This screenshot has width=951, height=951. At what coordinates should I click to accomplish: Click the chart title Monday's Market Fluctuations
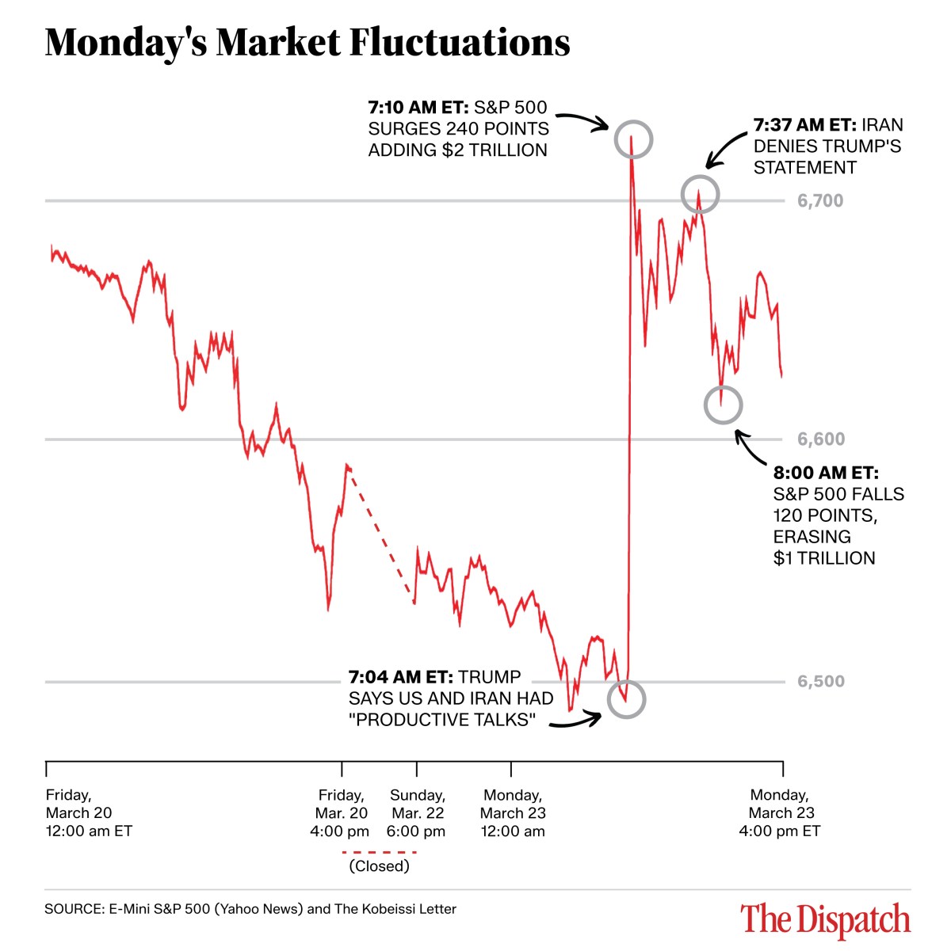click(x=307, y=43)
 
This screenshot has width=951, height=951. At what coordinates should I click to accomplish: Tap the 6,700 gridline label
click(x=820, y=201)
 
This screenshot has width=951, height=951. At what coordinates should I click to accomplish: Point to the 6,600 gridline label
click(x=820, y=439)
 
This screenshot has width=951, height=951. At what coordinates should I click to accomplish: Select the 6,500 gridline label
click(x=820, y=682)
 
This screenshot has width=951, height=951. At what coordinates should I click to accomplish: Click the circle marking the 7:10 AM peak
click(x=632, y=140)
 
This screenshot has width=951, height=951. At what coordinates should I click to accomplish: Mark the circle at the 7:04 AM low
click(x=626, y=699)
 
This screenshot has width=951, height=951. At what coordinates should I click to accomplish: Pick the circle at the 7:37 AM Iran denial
click(x=700, y=194)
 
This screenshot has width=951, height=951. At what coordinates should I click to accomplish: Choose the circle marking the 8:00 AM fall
click(x=723, y=405)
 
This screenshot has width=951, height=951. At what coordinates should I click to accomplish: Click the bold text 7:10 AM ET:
click(x=418, y=108)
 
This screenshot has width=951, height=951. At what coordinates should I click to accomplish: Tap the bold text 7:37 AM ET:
click(x=804, y=125)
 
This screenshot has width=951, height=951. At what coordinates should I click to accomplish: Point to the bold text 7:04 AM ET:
click(x=400, y=678)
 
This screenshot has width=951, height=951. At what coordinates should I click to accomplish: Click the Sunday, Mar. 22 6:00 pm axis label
click(x=417, y=813)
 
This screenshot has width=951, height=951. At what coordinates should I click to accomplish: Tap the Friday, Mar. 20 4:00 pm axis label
click(x=341, y=813)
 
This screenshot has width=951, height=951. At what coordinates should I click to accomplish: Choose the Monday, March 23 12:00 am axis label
click(x=513, y=813)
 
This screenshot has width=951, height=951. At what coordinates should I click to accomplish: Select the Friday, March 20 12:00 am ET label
click(x=88, y=813)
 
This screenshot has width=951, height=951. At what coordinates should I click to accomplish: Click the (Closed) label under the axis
click(x=379, y=866)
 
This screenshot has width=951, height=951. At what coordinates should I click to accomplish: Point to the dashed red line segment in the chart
click(x=380, y=535)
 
